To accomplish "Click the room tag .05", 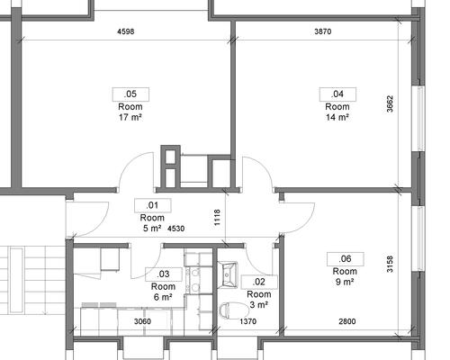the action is click(x=130, y=94).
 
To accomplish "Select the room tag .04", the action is click(x=337, y=94).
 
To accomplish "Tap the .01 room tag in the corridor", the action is click(x=153, y=205).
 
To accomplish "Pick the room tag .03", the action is click(x=164, y=274).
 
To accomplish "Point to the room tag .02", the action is click(x=259, y=282).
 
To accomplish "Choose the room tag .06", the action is click(x=346, y=259).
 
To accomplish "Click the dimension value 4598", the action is click(x=126, y=31).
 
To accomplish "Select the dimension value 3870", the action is click(x=323, y=31).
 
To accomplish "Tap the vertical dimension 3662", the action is click(x=390, y=103).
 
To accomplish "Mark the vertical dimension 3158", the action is click(x=390, y=264).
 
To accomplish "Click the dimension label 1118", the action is click(x=218, y=218).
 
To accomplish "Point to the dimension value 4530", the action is click(x=175, y=229).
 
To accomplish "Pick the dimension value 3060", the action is click(x=142, y=321).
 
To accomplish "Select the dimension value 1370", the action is click(x=248, y=321).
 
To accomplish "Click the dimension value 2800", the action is click(x=347, y=321).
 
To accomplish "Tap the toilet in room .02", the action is click(x=232, y=310).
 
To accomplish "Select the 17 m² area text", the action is click(x=130, y=117).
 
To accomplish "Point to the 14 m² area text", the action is click(x=337, y=117).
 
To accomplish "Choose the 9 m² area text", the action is click(x=345, y=282).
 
